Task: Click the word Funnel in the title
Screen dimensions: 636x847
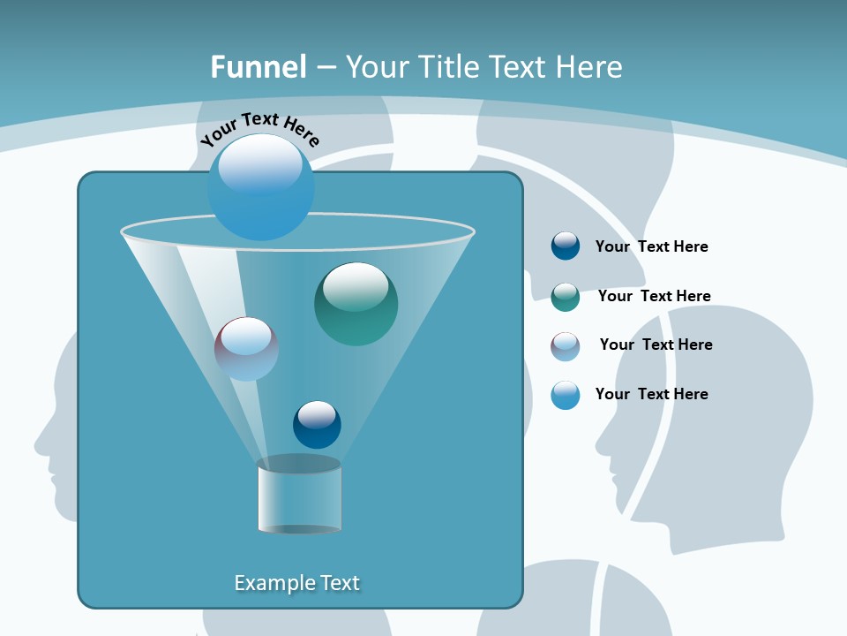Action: [x=259, y=67]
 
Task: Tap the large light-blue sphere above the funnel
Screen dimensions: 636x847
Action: [x=261, y=187]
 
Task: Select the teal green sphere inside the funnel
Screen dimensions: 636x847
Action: [x=356, y=304]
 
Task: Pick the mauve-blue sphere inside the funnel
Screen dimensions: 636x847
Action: [x=246, y=349]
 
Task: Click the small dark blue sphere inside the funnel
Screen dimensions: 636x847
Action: [x=317, y=425]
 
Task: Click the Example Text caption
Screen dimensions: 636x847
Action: [x=296, y=583]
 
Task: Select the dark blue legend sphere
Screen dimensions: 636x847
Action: [x=566, y=246]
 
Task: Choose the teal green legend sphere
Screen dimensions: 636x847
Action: [x=566, y=297]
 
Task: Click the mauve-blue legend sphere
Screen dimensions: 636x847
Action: [x=566, y=346]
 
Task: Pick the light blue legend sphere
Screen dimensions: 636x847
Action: [x=566, y=395]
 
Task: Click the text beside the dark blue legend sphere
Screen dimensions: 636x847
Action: [x=651, y=247]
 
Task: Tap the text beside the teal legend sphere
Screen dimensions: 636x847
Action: [x=654, y=296]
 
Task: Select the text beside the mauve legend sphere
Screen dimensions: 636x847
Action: [x=656, y=344]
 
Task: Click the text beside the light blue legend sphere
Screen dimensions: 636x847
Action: [x=651, y=394]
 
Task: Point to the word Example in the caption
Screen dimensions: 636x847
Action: [x=274, y=583]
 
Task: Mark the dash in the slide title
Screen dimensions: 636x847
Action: [x=325, y=67]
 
